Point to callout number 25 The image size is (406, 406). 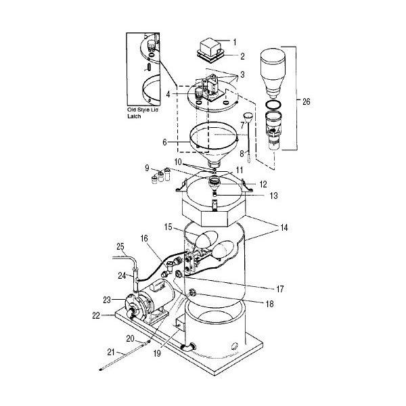click(x=120, y=245)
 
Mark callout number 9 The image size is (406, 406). click(x=147, y=168)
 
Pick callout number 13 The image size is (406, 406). click(x=254, y=196)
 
